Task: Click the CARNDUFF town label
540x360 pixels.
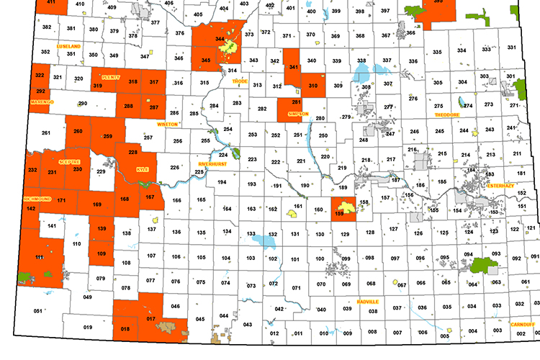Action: click(521, 324)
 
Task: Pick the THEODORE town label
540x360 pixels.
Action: click(446, 114)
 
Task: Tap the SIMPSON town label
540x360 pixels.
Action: click(298, 114)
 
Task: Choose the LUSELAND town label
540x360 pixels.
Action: click(68, 45)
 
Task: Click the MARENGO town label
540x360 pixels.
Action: click(42, 102)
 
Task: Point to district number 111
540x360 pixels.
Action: click(40, 257)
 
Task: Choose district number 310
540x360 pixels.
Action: click(313, 86)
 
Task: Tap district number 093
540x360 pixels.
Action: click(496, 254)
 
